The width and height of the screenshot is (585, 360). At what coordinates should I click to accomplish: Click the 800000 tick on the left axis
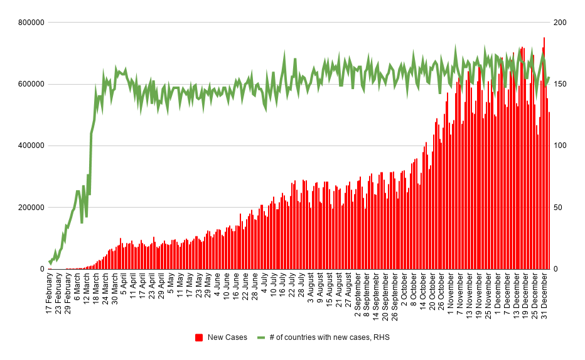coord(30,23)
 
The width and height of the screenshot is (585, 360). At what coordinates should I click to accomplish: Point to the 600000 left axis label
coord(30,84)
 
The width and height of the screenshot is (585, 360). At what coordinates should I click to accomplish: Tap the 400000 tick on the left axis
coord(30,146)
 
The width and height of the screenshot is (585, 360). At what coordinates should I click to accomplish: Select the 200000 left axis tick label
coord(30,207)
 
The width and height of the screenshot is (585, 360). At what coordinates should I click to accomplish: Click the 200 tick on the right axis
coord(561,23)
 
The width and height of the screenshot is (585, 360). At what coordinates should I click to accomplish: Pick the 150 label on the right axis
coord(561,84)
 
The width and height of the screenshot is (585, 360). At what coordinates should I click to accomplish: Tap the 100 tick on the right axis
coord(561,146)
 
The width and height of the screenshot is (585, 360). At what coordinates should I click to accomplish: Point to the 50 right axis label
coord(558,207)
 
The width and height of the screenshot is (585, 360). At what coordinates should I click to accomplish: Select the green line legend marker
coord(261,337)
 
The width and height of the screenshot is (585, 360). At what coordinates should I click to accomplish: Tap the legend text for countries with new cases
coord(330,337)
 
